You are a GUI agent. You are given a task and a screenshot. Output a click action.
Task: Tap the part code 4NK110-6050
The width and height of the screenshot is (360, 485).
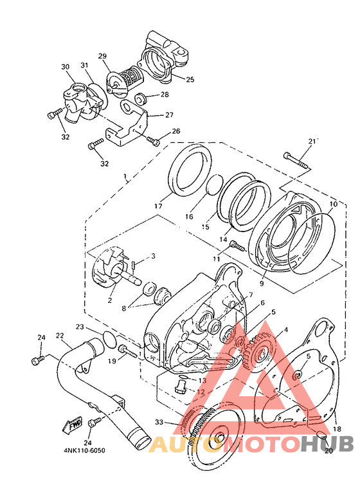[x=84, y=450]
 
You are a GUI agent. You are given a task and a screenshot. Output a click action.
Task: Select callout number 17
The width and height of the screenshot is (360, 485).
[x=158, y=206]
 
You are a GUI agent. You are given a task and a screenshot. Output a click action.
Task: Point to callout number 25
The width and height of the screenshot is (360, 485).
[x=190, y=80]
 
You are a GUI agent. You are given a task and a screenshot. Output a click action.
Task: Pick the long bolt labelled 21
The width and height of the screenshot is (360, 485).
[x=296, y=160]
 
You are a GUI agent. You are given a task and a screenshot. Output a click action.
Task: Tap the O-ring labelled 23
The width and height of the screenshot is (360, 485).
[x=109, y=339]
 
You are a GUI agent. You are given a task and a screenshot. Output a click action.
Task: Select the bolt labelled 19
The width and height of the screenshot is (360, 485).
[x=127, y=351]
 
